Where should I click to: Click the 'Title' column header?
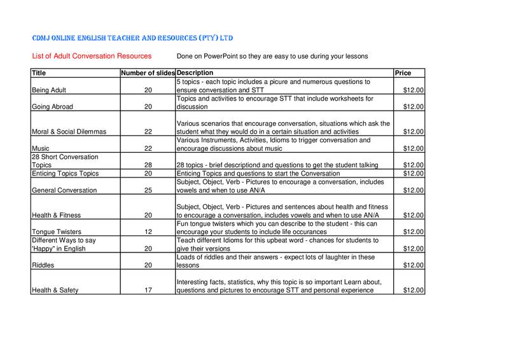click(x=40, y=73)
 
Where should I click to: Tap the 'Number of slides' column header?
click(x=148, y=73)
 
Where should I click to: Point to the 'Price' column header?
click(x=403, y=73)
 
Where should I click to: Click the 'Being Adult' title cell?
click(x=51, y=90)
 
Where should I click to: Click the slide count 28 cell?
click(x=148, y=165)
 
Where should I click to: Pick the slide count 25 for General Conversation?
click(x=148, y=190)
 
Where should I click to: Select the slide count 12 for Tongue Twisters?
click(x=148, y=232)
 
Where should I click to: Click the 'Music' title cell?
click(x=41, y=148)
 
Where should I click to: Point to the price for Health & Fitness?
click(x=414, y=214)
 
